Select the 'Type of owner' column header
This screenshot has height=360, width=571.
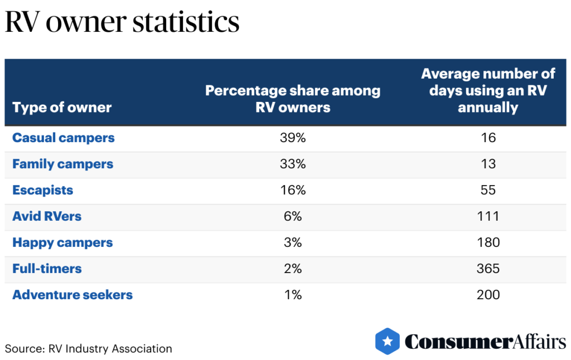62,108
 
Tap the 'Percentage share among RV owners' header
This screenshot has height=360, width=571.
293,99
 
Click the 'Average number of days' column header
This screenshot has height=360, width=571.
488,90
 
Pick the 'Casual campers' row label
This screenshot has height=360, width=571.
64,138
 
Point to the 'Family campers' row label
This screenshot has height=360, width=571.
62,164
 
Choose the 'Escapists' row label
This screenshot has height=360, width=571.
43,190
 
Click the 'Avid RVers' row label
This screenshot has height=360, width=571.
47,216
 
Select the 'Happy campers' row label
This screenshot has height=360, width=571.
62,242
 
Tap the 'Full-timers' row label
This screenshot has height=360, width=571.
47,269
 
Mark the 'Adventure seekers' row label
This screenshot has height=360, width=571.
72,295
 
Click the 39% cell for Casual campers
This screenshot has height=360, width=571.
293,138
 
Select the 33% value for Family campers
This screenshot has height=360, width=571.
293,164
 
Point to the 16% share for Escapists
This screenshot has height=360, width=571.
293,190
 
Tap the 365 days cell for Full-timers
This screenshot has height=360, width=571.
488,269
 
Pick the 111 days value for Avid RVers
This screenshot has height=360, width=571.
488,216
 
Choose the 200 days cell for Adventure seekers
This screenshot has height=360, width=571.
488,295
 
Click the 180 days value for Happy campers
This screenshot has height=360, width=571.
488,242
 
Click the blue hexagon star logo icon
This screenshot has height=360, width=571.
388,341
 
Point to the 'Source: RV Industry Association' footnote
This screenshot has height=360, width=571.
89,349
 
